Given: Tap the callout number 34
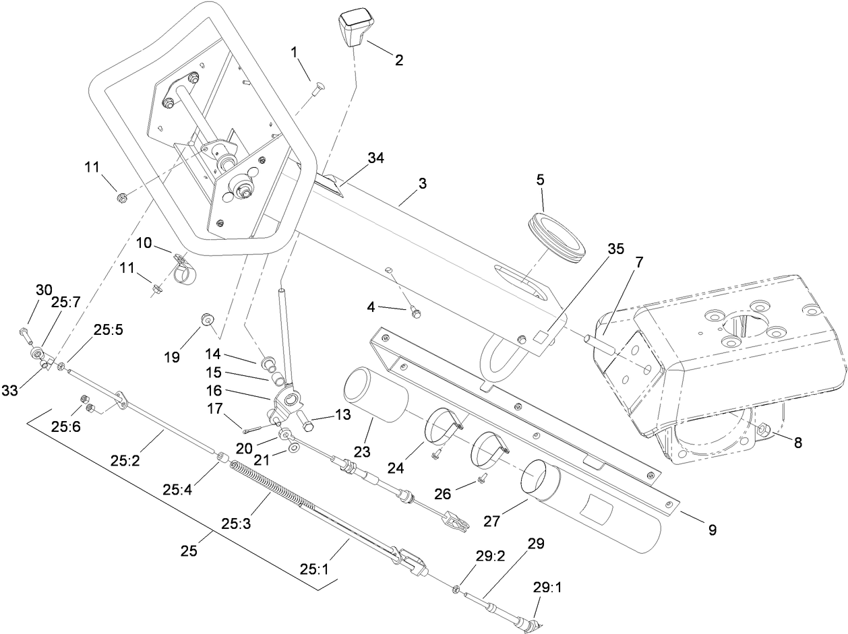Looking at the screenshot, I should click(377, 158).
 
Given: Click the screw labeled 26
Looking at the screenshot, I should click(481, 478).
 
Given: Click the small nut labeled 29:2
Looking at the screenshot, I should click(457, 590).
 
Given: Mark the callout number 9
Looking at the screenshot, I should click(711, 530).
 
